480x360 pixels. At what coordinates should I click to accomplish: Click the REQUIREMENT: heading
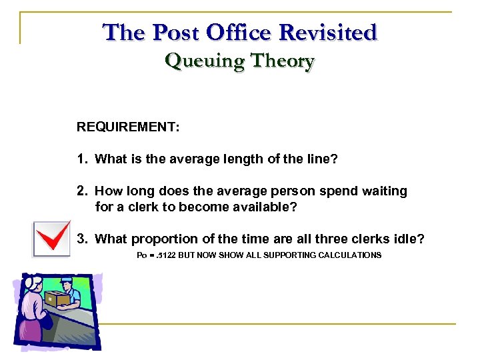pos(128,127)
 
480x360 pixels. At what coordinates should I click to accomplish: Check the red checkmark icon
pos(51,239)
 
